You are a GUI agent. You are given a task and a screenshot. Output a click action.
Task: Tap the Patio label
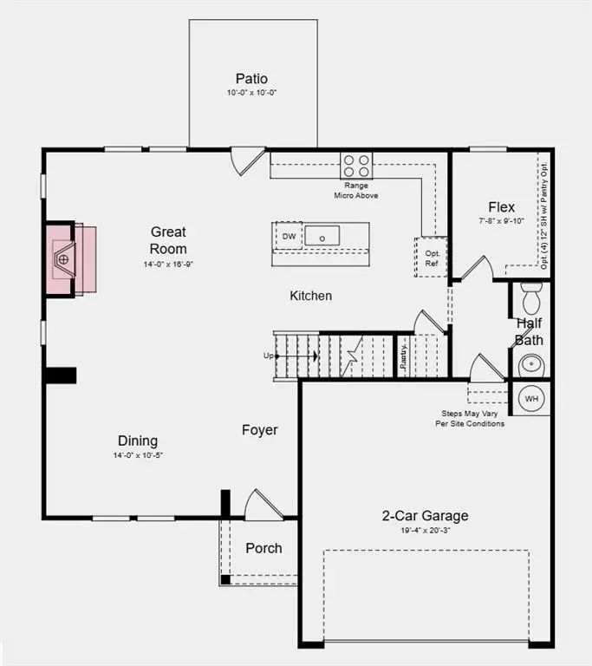click(251, 79)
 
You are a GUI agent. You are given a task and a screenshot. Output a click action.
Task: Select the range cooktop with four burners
click(355, 165)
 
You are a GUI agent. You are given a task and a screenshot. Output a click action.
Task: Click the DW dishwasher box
click(288, 236)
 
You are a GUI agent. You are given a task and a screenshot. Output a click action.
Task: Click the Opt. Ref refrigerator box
click(431, 257)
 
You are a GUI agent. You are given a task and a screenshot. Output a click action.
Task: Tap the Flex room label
click(501, 207)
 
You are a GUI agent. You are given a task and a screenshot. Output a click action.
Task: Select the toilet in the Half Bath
click(531, 299)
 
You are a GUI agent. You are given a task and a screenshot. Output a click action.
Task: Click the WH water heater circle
click(531, 398)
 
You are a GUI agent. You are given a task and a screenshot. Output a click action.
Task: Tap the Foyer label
click(259, 430)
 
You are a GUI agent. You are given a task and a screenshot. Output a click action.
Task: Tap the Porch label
click(263, 548)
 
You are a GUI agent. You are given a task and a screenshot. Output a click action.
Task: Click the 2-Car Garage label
click(425, 516)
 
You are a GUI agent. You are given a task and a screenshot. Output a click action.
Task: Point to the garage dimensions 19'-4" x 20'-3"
click(425, 530)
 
